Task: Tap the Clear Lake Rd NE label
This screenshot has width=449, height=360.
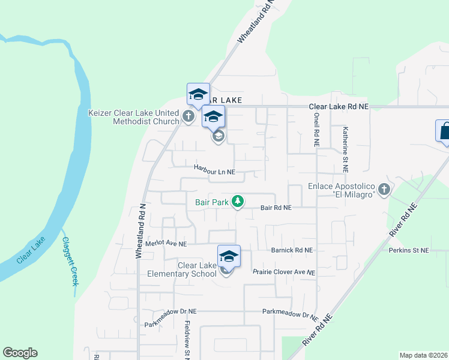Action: pos(339,106)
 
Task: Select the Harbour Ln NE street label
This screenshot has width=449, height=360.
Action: pos(214,172)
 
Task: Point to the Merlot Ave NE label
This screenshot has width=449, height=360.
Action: pos(166,244)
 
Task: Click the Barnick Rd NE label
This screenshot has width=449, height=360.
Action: pos(292,250)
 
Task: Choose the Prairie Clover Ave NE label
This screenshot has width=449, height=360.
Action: pos(283,272)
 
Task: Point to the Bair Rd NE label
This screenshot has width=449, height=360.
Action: pos(276,208)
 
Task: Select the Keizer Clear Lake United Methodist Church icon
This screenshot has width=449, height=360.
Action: pos(188,116)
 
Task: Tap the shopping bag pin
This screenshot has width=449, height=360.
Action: pos(444,131)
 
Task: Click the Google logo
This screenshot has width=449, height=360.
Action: pos(20,353)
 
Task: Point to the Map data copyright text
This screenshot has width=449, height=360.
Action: pos(423,355)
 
